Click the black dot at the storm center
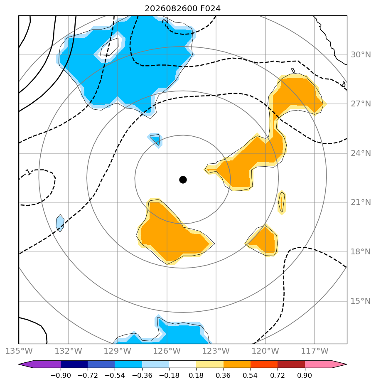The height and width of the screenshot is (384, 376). click(183, 180)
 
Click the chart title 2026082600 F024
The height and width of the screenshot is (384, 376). click(183, 9)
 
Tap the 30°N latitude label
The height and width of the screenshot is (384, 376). click(361, 54)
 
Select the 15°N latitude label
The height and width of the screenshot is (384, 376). click(361, 301)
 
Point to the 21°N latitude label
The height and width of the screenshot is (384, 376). click(361, 202)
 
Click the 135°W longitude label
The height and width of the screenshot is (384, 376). click(19, 351)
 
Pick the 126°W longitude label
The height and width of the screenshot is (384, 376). click(167, 351)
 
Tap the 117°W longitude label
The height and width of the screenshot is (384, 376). click(315, 351)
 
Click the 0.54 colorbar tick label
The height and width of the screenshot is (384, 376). click(250, 375)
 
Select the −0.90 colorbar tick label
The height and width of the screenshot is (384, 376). click(61, 375)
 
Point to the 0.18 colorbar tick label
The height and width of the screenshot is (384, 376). click(196, 375)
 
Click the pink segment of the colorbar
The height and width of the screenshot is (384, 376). click(318, 364)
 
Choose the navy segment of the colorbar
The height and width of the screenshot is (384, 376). click(74, 364)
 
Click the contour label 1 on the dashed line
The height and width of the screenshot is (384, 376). click(29, 172)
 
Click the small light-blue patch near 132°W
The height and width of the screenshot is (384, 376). click(60, 223)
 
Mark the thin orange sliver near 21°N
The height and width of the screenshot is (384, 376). click(282, 202)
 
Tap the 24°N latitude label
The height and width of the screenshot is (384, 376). click(361, 153)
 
